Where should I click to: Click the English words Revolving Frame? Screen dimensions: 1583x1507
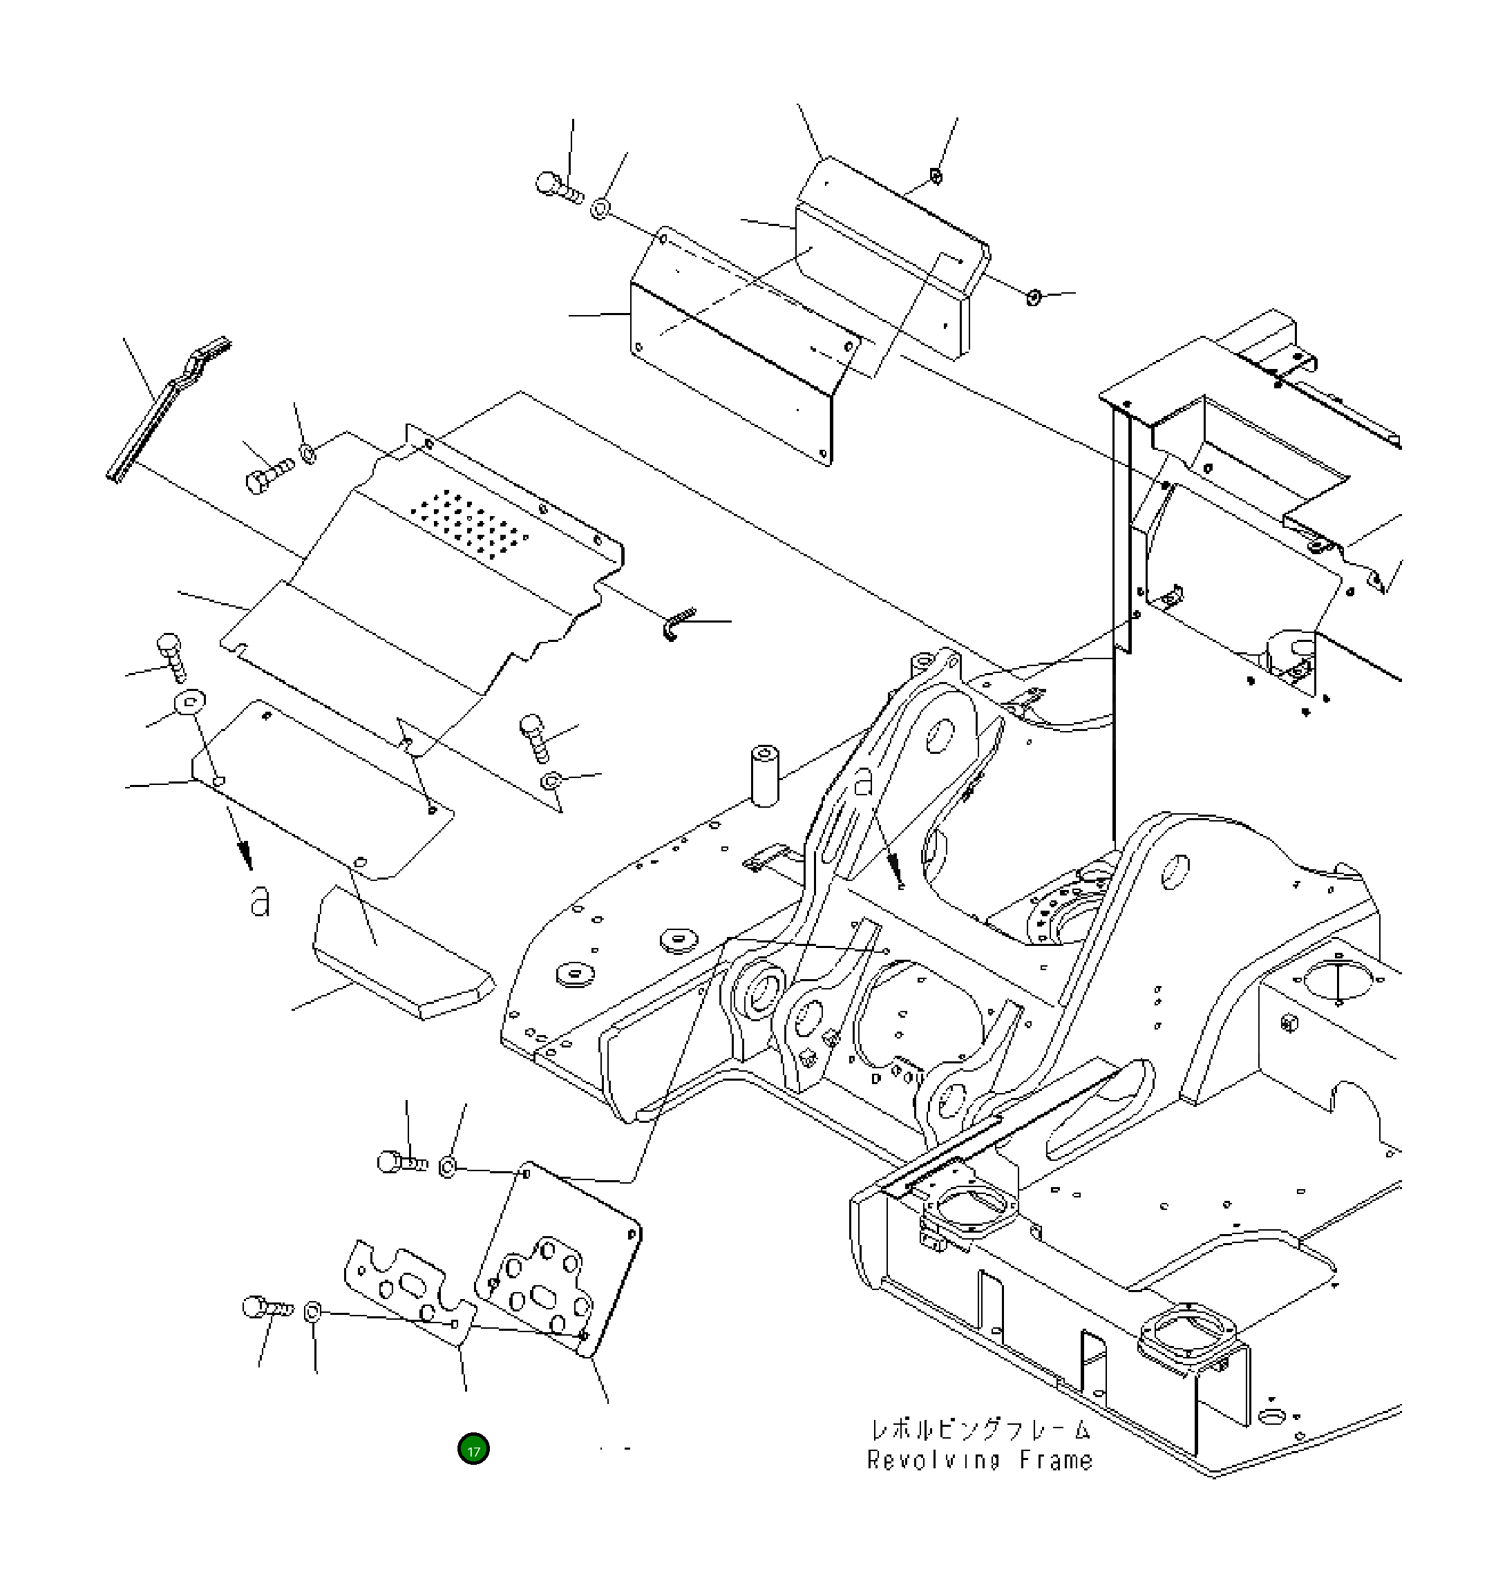[979, 1459]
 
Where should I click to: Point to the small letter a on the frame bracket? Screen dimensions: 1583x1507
[864, 781]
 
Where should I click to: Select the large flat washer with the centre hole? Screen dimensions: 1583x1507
[189, 702]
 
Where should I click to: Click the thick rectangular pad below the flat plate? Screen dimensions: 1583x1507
[401, 956]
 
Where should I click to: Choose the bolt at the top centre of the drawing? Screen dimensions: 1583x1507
[559, 188]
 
